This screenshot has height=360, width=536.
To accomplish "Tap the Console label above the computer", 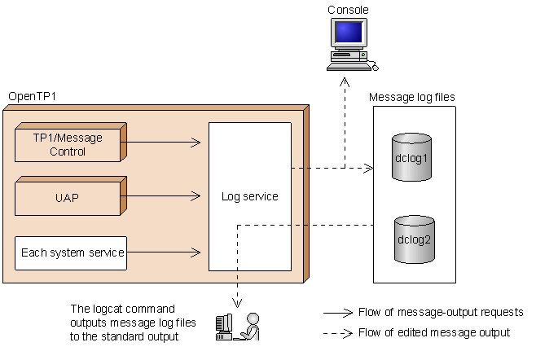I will [x=348, y=10].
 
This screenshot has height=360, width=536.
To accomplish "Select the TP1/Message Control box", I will [x=68, y=144].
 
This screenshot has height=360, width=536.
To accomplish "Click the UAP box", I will [x=68, y=197].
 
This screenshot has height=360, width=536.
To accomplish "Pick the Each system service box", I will [x=72, y=253].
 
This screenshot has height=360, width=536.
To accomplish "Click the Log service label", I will [x=249, y=197].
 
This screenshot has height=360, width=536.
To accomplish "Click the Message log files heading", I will [x=412, y=97].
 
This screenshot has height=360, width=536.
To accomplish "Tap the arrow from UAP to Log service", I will [x=163, y=195].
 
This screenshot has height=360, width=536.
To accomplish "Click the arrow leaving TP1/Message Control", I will [x=163, y=143].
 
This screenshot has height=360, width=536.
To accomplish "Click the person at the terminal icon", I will [x=238, y=326].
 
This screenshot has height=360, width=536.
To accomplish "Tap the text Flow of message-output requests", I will [x=441, y=312].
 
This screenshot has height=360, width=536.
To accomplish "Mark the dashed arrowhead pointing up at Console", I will [x=345, y=81].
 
